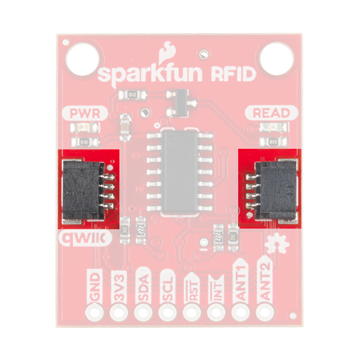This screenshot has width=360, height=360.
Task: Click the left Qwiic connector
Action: pyautogui.click(x=88, y=189)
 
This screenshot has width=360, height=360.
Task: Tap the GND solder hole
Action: pyautogui.click(x=95, y=313)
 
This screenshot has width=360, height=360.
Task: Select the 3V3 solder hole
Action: pyautogui.click(x=119, y=313)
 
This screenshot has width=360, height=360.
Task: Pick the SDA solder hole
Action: pyautogui.click(x=143, y=313)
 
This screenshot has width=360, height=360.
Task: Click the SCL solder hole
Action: pyautogui.click(x=167, y=313)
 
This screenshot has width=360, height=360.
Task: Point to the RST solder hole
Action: pyautogui.click(x=191, y=313)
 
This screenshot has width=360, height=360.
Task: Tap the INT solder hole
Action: pyautogui.click(x=215, y=313)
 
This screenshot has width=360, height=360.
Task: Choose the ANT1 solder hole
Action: pyautogui.click(x=239, y=313)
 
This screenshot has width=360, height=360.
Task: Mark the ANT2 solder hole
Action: pyautogui.click(x=263, y=313)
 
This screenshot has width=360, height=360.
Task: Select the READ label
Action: pyautogui.click(x=271, y=113)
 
